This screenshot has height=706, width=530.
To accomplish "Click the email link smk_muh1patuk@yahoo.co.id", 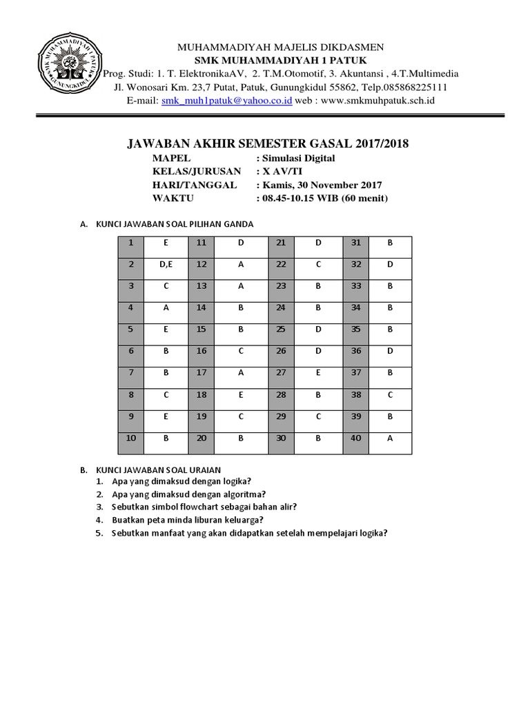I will [226, 101].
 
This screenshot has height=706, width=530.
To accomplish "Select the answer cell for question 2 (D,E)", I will [166, 265].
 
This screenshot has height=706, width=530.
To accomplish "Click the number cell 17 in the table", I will [201, 373].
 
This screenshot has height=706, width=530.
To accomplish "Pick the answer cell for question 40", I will [390, 438].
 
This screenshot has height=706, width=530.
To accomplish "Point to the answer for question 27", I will [318, 373].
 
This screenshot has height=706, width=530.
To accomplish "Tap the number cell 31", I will [356, 243].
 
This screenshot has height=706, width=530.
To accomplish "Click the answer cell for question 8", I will [166, 395].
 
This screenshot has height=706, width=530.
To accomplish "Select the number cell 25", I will [280, 330].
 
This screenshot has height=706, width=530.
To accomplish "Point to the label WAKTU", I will [173, 199].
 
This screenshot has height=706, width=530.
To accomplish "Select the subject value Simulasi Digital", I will [298, 158].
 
